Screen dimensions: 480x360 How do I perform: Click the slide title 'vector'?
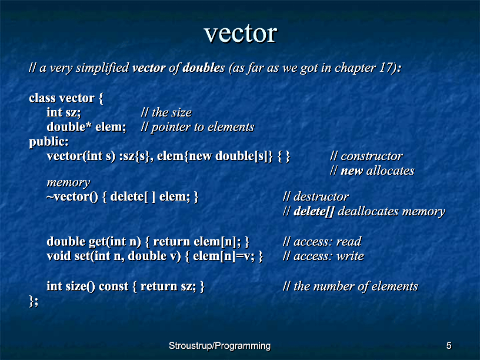(241, 33)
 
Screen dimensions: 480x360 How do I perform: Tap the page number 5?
(449, 346)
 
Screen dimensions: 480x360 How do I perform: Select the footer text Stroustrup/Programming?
(220, 346)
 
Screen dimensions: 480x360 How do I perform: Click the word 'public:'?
(49, 142)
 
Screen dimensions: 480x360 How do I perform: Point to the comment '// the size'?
(166, 113)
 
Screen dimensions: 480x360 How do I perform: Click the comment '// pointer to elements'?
(198, 127)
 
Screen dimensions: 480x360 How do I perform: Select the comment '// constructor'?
(366, 156)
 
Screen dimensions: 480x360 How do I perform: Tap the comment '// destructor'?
(316, 197)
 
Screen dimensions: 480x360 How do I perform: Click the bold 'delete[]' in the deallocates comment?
(314, 212)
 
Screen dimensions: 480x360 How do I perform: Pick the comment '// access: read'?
(322, 242)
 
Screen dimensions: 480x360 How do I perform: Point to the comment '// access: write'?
(324, 256)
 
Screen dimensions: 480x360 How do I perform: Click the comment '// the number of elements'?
(350, 286)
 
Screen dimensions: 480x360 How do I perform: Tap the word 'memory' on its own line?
(68, 183)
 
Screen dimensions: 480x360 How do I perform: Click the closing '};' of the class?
(34, 301)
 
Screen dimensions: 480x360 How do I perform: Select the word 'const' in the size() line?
(114, 286)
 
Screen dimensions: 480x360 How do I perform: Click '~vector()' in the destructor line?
(72, 197)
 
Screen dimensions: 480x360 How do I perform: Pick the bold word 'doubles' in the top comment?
(204, 68)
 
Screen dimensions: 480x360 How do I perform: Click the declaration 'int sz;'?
(64, 113)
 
